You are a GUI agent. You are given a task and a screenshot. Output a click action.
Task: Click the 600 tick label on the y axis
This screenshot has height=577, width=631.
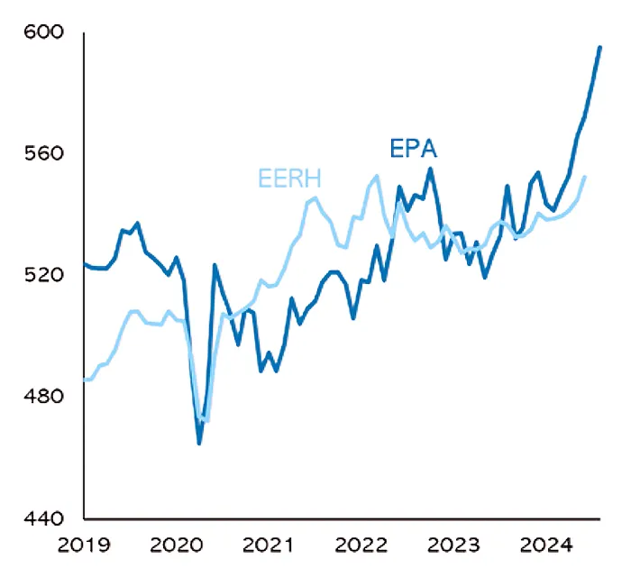pos(44,32)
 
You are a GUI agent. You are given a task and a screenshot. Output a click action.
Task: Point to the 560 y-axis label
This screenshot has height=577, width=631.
pos(44,153)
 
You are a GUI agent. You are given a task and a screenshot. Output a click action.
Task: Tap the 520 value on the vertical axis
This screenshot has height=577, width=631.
pos(44,275)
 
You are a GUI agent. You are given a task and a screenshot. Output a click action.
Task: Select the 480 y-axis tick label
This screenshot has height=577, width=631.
pos(44,397)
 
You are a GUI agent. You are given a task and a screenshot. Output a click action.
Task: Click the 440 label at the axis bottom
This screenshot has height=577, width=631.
pos(44,518)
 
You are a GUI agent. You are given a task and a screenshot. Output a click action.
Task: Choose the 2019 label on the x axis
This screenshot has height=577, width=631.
pos(84,545)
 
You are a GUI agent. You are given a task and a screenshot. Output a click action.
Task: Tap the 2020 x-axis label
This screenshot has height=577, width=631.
pos(177,545)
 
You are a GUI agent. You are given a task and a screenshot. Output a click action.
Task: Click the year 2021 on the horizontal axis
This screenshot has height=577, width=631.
pos(269,545)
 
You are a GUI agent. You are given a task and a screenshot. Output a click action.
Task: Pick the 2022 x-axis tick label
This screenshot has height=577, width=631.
pos(361,545)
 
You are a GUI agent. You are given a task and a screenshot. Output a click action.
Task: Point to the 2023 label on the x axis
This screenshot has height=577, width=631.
pos(453,545)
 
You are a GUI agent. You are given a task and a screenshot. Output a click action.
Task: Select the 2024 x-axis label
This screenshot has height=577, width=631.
pos(546,545)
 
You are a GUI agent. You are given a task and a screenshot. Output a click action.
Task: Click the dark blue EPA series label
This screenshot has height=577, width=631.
pos(413,148)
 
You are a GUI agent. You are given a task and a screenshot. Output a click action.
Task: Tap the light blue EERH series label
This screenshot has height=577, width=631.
pos(289,179)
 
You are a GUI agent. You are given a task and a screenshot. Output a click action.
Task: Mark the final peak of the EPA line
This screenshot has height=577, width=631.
pos(600,48)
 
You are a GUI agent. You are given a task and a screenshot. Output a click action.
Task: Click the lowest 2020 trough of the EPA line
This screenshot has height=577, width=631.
pos(199,443)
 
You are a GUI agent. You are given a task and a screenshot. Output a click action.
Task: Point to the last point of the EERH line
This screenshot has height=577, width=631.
pos(584,177)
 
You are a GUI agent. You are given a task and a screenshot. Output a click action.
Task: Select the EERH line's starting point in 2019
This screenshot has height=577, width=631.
pos(85,380)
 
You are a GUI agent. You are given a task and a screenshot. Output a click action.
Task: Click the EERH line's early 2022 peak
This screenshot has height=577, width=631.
pos(377,176)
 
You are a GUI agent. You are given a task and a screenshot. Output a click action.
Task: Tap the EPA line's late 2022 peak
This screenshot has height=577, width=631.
pos(431,169)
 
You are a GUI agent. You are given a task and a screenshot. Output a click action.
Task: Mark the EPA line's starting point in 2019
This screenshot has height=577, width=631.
pos(85,264)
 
